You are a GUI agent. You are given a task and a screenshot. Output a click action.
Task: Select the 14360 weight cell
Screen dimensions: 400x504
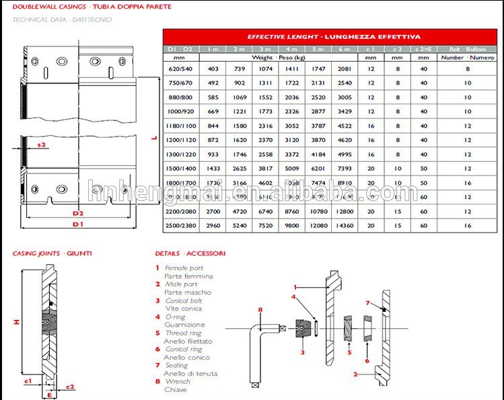345,225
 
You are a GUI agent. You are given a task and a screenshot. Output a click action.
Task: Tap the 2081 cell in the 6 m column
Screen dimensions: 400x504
345,68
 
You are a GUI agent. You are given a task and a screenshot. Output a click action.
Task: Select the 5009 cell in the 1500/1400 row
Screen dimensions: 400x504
291,169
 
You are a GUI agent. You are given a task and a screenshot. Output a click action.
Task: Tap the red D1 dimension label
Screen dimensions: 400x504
78,223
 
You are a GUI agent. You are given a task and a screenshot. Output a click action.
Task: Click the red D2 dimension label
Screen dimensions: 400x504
78,212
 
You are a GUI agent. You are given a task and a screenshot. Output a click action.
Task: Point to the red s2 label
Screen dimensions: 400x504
42,145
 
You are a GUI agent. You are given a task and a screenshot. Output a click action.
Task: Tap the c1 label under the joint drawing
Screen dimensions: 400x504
28,381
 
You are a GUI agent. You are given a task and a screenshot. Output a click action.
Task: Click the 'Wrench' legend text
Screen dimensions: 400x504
178,381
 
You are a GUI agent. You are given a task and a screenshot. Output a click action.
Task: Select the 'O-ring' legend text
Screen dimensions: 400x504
176,317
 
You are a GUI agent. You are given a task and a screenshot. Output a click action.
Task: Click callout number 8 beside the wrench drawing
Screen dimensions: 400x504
259,310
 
